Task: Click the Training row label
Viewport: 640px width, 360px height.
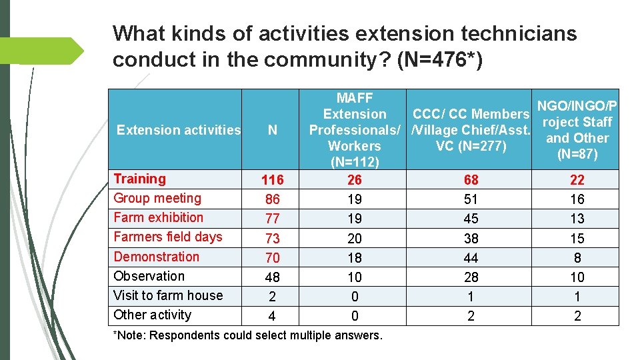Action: [x=139, y=179]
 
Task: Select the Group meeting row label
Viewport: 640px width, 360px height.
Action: [x=157, y=198]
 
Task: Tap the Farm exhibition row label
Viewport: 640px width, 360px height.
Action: [x=158, y=217]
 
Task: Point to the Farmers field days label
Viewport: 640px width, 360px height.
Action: [x=167, y=237]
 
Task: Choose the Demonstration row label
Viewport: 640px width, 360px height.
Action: [x=156, y=257]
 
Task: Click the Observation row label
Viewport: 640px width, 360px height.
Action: [x=149, y=276]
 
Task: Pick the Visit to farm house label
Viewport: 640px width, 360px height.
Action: [x=167, y=295]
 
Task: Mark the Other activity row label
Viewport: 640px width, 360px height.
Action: [x=152, y=315]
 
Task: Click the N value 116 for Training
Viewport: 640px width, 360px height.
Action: [x=272, y=180]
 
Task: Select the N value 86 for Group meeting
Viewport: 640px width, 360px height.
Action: [x=272, y=199]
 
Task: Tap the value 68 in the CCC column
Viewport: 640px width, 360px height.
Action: [x=471, y=180]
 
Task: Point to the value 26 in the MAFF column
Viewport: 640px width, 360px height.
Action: [x=355, y=180]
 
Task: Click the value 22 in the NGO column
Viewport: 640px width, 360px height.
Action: [x=577, y=180]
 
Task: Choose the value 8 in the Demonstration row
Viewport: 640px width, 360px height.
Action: [x=577, y=257]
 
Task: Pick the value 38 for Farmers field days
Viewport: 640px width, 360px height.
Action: [x=471, y=238]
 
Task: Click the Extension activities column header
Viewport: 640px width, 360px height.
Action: [x=178, y=130]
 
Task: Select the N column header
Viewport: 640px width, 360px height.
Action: [x=272, y=130]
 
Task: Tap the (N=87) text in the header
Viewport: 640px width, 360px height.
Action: [x=577, y=154]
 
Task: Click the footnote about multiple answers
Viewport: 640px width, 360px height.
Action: [x=248, y=335]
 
